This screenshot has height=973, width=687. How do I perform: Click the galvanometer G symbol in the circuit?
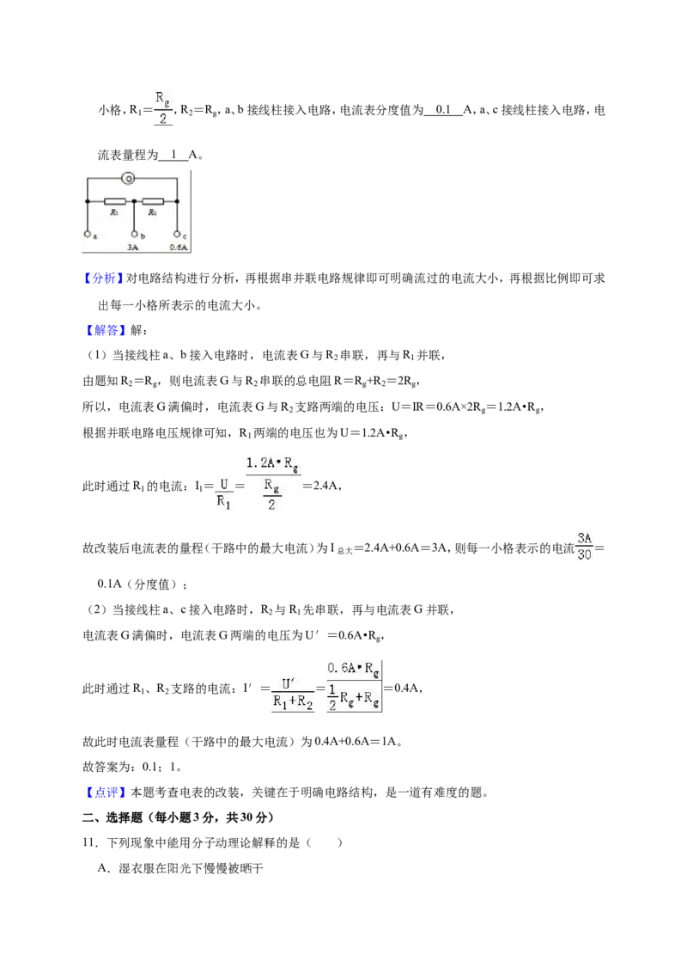(128, 179)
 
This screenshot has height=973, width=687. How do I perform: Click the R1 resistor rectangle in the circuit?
(115, 201)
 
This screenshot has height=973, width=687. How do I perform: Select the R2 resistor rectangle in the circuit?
(153, 201)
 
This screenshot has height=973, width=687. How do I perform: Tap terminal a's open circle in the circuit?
(87, 234)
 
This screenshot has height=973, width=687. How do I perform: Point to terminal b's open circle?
(134, 234)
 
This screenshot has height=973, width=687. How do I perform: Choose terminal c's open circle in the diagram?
(177, 234)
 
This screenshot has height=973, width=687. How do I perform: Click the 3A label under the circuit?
(133, 247)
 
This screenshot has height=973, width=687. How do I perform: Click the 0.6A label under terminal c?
(179, 247)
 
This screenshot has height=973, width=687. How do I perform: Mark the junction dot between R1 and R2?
(134, 201)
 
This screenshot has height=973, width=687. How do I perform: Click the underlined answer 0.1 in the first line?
(443, 110)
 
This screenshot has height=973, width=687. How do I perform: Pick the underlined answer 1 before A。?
(173, 155)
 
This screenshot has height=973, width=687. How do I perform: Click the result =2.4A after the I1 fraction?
(320, 486)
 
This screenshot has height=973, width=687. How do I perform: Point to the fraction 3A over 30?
(584, 547)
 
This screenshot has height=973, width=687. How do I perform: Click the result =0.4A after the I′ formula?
(402, 688)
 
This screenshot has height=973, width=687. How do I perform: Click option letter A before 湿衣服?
(102, 868)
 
